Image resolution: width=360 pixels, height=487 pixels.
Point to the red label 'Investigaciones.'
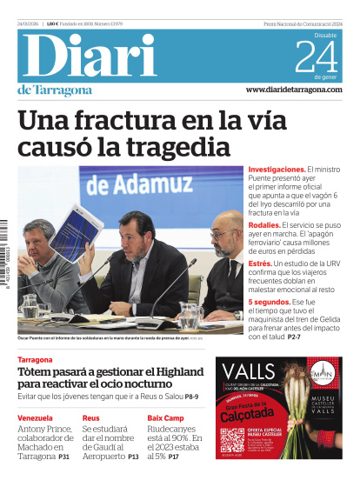(276, 170)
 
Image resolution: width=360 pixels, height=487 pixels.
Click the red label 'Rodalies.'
(264, 224)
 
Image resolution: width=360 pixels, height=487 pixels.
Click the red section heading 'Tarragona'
(37, 359)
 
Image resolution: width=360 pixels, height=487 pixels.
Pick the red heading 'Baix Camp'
(164, 418)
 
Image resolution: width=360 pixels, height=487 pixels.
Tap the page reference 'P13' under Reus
(133, 457)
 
